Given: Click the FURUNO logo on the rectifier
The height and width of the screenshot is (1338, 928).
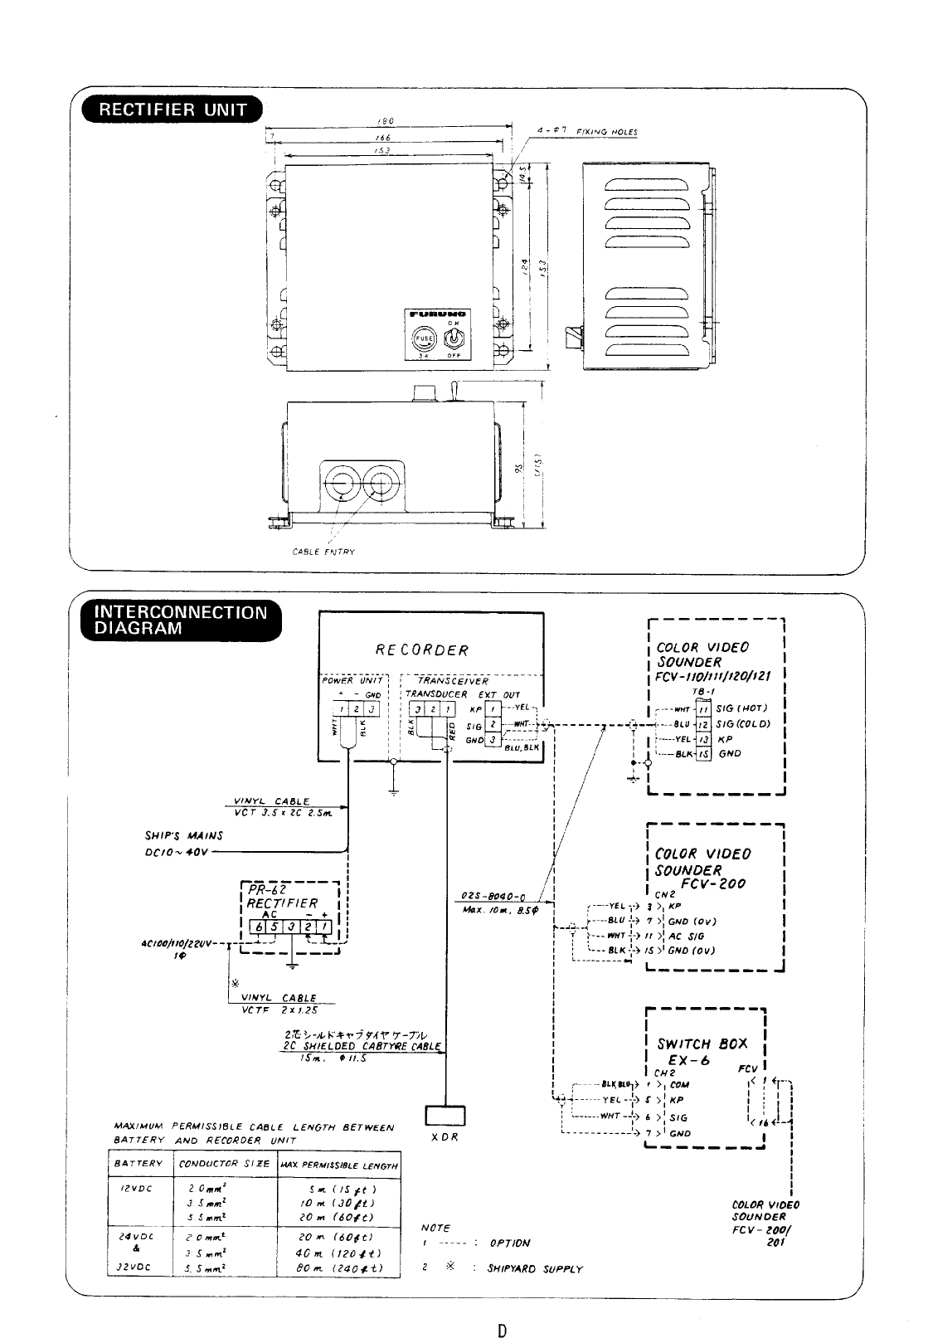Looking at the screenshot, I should pos(437,315).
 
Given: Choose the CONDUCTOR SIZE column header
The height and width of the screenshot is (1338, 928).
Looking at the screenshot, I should pos(214,1164).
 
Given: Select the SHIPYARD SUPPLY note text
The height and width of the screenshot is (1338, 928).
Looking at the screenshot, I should pos(535,1268).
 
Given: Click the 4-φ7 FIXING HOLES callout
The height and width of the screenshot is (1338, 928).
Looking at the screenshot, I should pos(584,131).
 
